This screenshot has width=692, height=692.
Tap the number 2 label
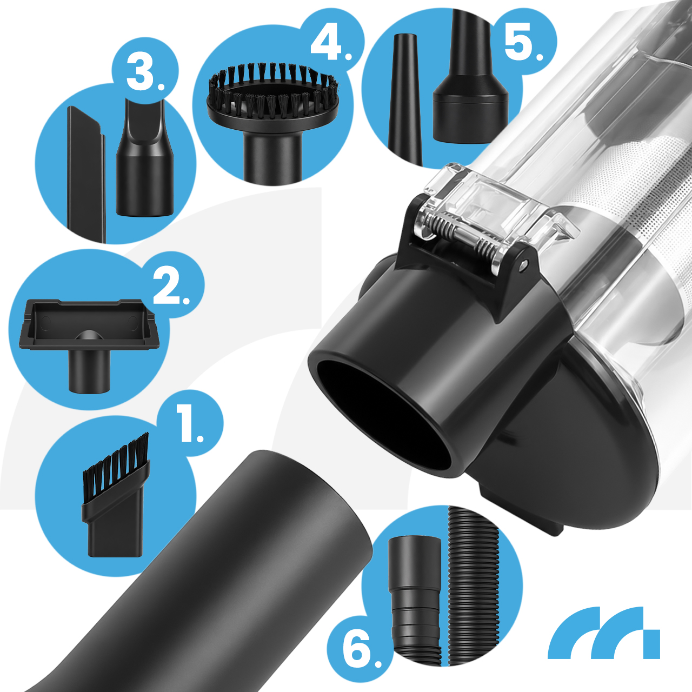pyautogui.click(x=171, y=288)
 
